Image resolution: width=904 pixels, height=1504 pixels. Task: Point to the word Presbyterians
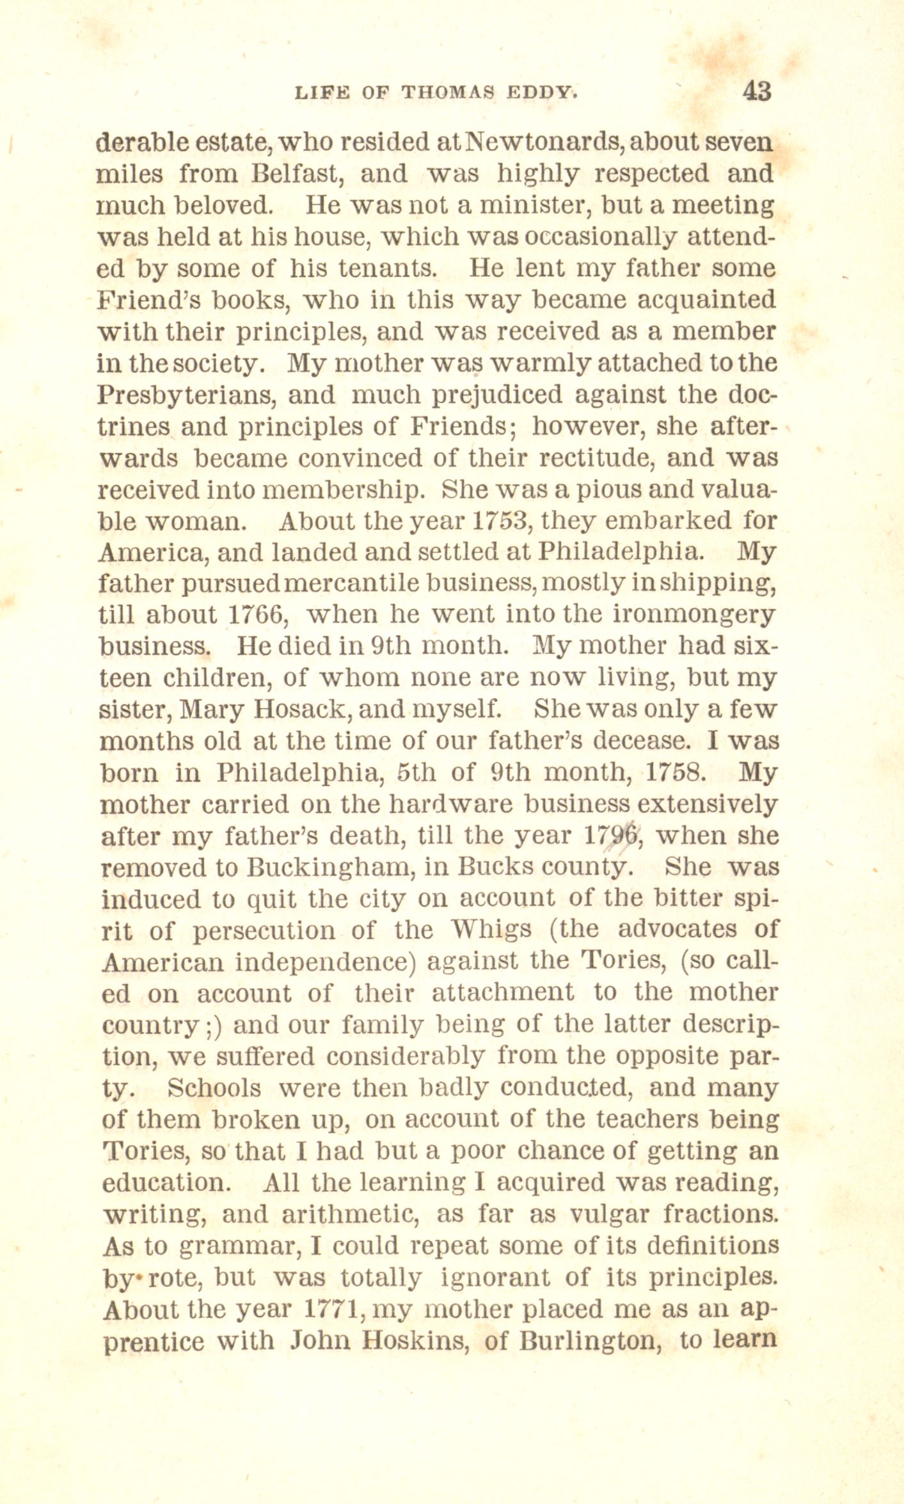click(x=186, y=395)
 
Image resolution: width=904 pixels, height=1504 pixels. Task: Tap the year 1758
click(x=676, y=772)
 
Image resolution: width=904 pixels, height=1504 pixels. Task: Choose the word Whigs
click(x=491, y=930)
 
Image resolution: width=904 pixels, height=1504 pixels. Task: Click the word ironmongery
click(x=694, y=615)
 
